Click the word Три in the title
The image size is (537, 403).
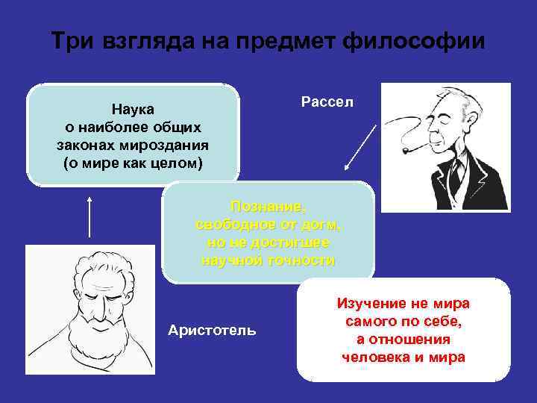coord(71,40)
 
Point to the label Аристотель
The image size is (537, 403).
coord(213,330)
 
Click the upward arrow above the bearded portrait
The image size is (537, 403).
coord(89,216)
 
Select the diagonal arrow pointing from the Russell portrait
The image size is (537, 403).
coord(358,149)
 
